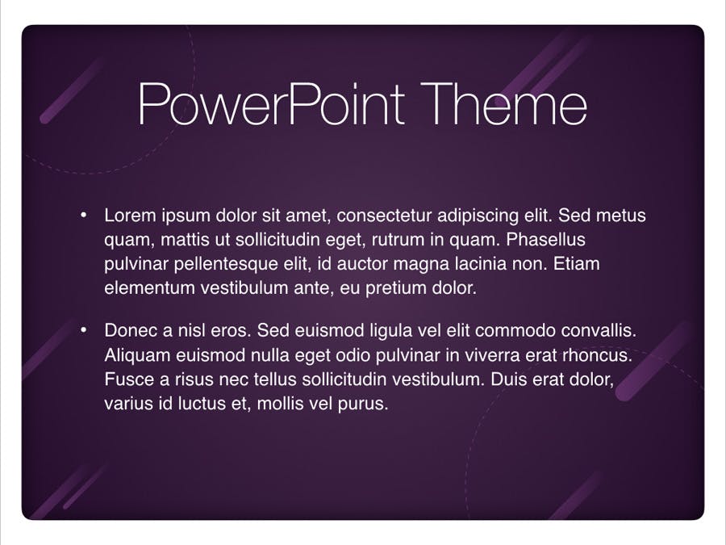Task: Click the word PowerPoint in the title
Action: click(x=271, y=104)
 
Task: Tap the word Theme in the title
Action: click(x=503, y=104)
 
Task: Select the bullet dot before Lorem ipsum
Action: click(x=83, y=215)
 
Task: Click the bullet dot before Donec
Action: click(x=83, y=330)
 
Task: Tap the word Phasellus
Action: click(x=545, y=240)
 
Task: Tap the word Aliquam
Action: click(x=137, y=356)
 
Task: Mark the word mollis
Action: click(x=280, y=403)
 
